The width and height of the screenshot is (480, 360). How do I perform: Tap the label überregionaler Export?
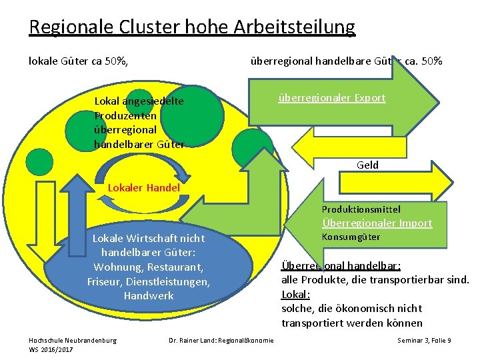[331, 97]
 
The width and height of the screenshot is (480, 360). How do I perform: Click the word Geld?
[367, 165]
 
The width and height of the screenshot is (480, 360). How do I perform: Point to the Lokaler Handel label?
[144, 187]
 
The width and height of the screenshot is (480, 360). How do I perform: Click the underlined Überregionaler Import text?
[377, 223]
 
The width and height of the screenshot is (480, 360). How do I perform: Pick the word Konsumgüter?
[351, 237]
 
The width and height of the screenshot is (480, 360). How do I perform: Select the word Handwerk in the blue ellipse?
[149, 295]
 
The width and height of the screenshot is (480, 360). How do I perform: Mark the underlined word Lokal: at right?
[296, 293]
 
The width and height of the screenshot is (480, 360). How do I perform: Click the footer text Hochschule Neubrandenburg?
[73, 340]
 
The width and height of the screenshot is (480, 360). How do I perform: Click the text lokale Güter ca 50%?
[78, 61]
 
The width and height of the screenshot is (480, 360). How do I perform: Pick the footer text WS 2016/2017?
[51, 349]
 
